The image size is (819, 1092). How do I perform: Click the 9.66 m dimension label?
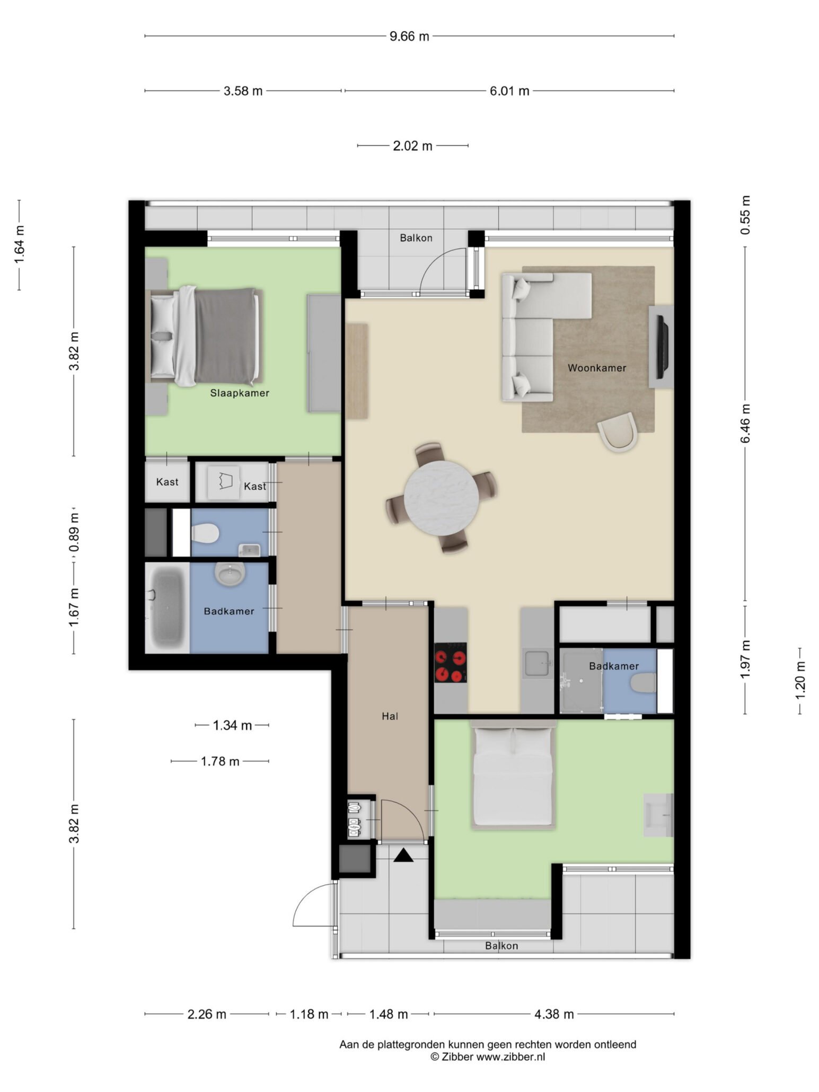click(x=409, y=37)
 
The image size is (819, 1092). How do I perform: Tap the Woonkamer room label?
click(x=597, y=367)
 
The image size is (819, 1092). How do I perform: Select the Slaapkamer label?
click(x=240, y=393)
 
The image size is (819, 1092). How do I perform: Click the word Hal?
click(x=390, y=716)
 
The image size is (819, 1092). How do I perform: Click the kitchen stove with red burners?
click(x=451, y=662)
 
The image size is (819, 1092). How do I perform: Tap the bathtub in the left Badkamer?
click(x=167, y=607)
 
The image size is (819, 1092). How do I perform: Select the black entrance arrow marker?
click(x=403, y=855)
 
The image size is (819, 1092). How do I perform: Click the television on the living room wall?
click(x=662, y=346)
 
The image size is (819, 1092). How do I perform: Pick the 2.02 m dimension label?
click(x=412, y=146)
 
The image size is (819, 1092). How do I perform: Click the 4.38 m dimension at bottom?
click(x=553, y=1014)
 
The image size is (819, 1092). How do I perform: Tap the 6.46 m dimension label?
click(x=745, y=424)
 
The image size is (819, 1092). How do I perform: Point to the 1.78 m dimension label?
click(x=220, y=761)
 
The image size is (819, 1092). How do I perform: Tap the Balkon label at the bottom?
click(x=501, y=945)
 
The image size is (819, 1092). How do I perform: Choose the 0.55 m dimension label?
click(x=745, y=215)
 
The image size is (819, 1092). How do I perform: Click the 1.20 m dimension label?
click(x=799, y=681)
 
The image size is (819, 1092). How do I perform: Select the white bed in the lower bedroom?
click(x=514, y=776)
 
